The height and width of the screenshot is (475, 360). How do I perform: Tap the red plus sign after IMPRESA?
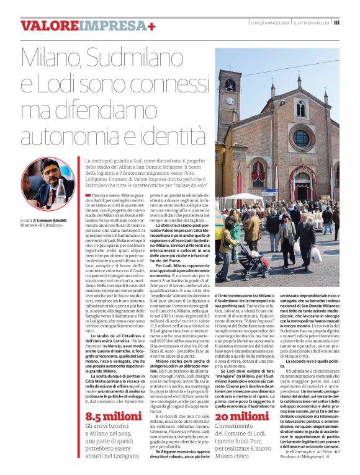coord(152,25)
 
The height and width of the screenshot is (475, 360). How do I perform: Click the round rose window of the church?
coord(301,138)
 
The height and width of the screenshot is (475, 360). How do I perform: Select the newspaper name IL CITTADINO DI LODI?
coord(311,22)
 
